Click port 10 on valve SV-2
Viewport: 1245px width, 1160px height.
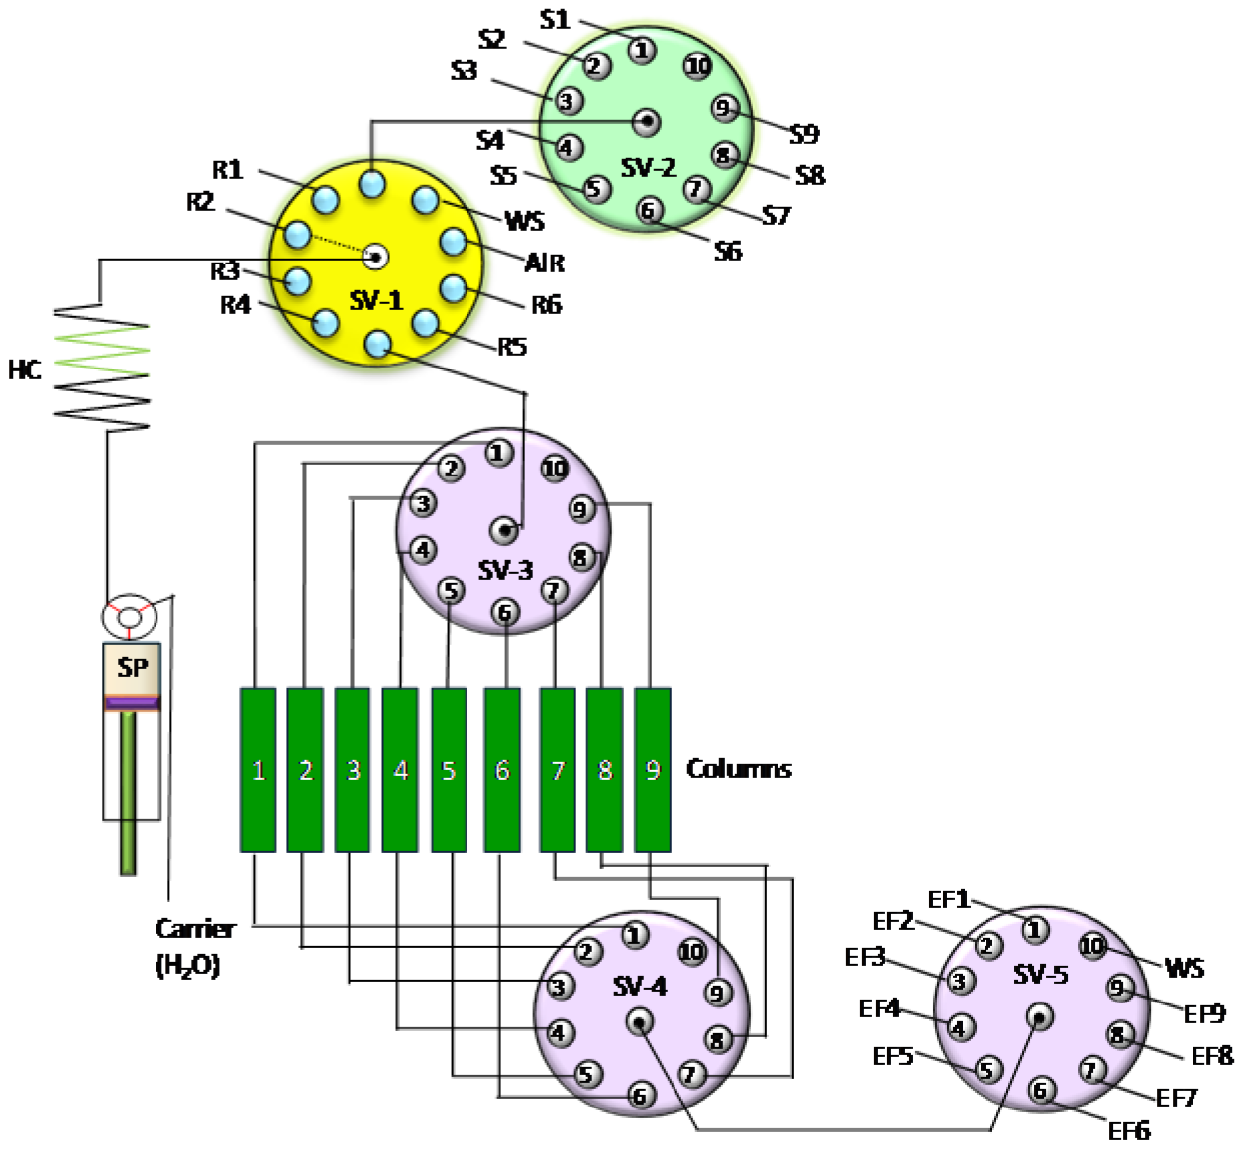(698, 66)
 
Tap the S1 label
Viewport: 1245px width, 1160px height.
(555, 19)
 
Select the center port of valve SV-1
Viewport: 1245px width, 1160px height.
(375, 258)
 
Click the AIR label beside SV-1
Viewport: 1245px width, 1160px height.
(544, 263)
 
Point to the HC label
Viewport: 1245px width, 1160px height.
(25, 370)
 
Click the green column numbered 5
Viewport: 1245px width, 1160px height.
(449, 770)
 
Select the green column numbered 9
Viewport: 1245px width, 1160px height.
(652, 770)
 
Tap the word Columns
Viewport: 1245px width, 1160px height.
(739, 769)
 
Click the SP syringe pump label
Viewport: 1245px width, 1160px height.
(132, 667)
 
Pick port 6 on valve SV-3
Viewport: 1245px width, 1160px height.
(505, 613)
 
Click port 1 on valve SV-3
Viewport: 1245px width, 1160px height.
(498, 453)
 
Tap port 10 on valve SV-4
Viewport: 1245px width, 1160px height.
(691, 952)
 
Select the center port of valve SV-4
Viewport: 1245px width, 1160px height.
(640, 1021)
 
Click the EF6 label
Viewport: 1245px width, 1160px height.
(1129, 1131)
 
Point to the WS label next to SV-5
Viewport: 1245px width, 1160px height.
(1185, 968)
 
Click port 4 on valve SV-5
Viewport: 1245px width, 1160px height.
(959, 1028)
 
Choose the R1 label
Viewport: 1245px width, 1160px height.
(228, 170)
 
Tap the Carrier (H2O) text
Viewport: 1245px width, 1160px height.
(194, 946)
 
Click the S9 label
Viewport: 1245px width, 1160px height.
(804, 133)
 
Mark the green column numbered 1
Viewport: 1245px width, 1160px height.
(258, 770)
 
